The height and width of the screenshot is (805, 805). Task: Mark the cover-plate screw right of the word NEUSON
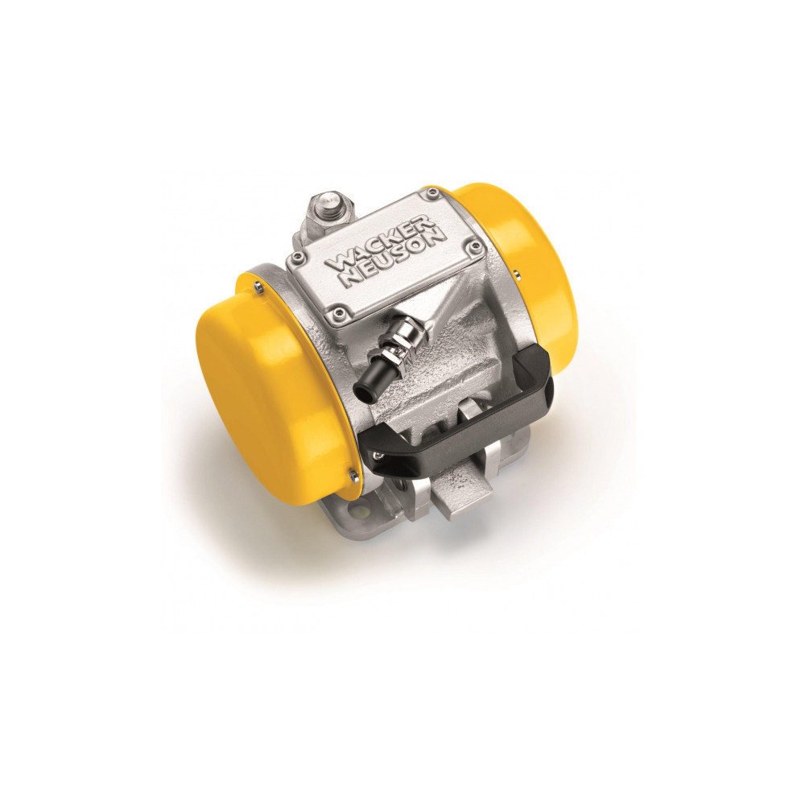pos(477,250)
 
